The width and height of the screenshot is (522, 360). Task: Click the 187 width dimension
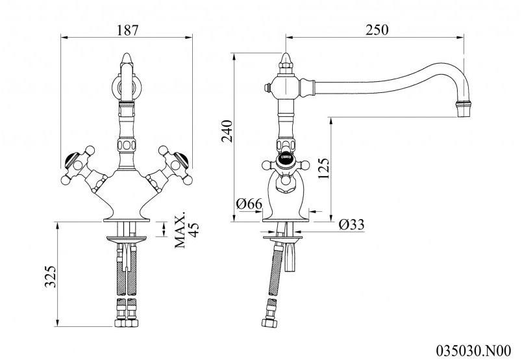pyautogui.click(x=127, y=30)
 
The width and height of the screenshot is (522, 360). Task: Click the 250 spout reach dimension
pyautogui.click(x=377, y=30)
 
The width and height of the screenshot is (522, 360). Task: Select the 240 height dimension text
pyautogui.click(x=227, y=131)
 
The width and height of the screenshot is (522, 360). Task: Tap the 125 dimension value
pyautogui.click(x=323, y=168)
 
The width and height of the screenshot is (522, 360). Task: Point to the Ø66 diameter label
pyautogui.click(x=249, y=203)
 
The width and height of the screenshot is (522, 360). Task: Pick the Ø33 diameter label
pyautogui.click(x=351, y=225)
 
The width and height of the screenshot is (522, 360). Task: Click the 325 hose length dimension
pyautogui.click(x=51, y=276)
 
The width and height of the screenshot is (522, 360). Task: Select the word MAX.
pyautogui.click(x=180, y=229)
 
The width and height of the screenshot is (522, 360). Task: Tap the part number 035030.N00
pyautogui.click(x=473, y=351)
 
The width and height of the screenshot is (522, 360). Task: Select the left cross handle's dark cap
pyautogui.click(x=71, y=160)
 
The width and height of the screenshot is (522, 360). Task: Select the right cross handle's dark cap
pyautogui.click(x=180, y=160)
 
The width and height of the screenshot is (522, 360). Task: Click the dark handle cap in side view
pyautogui.click(x=285, y=155)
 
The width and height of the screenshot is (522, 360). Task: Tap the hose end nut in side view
pyautogui.click(x=269, y=323)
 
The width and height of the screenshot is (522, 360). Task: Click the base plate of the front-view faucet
pyautogui.click(x=127, y=220)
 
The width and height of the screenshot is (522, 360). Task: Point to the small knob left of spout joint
pyautogui.click(x=266, y=88)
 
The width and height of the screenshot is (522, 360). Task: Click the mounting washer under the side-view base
pyautogui.click(x=282, y=238)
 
